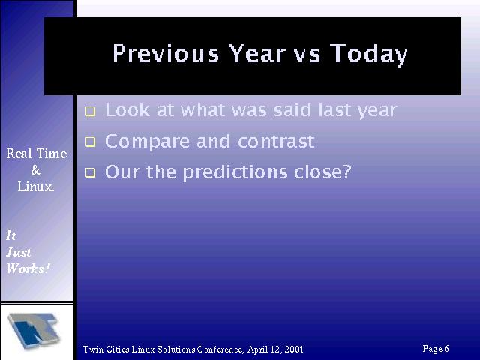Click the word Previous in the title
(166, 53)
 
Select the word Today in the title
(369, 55)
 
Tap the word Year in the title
(258, 53)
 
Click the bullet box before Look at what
(90, 111)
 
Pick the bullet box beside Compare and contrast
(90, 142)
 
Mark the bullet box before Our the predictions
(90, 173)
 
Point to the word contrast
(276, 142)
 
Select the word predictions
(235, 173)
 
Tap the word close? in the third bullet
(322, 172)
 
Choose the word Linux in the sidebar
(36, 187)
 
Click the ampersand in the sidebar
(36, 170)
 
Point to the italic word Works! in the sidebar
(28, 268)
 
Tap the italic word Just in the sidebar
(18, 252)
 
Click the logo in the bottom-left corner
(34, 331)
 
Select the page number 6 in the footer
(446, 348)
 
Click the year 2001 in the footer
(294, 349)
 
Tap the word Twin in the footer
(93, 349)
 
